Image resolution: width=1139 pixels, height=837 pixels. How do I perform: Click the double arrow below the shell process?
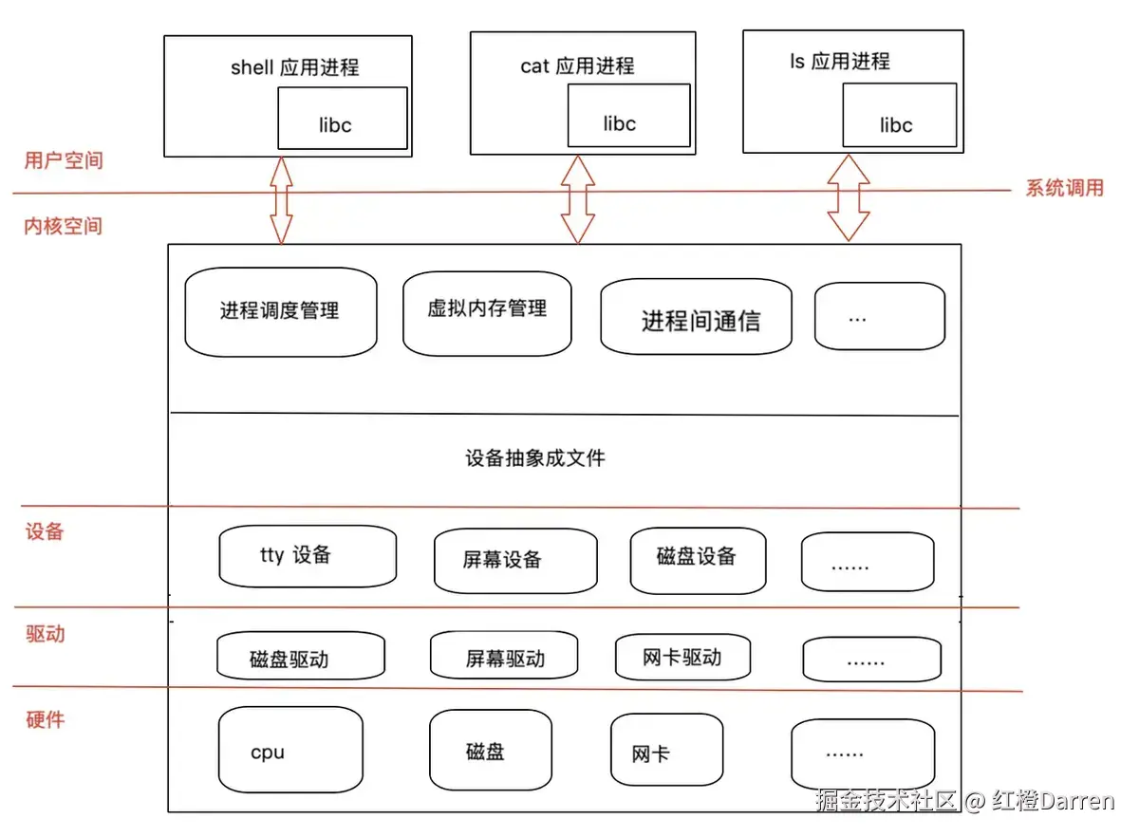pos(281,201)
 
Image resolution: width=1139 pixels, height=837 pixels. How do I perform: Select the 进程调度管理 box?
pos(281,312)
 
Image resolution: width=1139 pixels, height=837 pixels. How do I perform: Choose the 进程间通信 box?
pos(696,317)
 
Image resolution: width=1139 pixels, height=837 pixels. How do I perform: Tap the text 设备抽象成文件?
pos(535,458)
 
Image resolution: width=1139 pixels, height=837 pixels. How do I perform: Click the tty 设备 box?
pos(308,558)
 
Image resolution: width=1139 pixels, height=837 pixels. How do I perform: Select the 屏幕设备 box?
pos(515,561)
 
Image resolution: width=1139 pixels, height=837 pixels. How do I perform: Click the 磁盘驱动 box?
pos(300,657)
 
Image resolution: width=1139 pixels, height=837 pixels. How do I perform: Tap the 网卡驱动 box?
pos(682,657)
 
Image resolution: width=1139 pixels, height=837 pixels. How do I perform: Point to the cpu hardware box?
pos(290,750)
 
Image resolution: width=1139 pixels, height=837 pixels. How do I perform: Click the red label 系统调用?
pos(1064,188)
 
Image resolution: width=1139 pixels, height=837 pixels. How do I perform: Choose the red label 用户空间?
pos(63,160)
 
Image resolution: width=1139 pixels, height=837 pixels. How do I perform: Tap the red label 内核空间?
pos(63,227)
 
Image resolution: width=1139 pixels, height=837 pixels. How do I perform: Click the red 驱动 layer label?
pos(45,634)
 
